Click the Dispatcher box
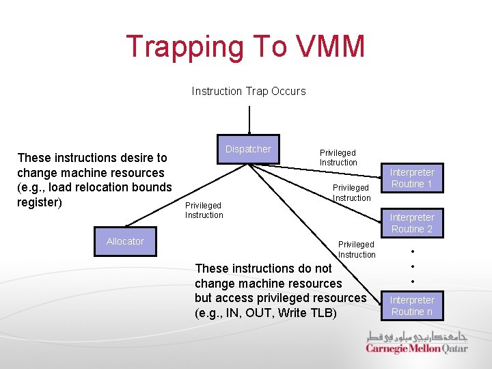pyautogui.click(x=248, y=149)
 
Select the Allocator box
pyautogui.click(x=125, y=241)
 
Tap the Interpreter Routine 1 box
pyautogui.click(x=412, y=178)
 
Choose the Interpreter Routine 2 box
pyautogui.click(x=412, y=223)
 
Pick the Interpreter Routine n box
pyautogui.click(x=412, y=305)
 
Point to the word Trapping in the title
pyautogui.click(x=184, y=46)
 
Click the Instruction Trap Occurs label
pyautogui.click(x=249, y=91)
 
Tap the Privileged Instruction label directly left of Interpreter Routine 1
pyautogui.click(x=351, y=193)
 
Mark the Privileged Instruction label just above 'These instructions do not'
pyautogui.click(x=356, y=249)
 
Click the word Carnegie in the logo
pyautogui.click(x=386, y=348)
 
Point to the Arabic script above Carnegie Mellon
pyautogui.click(x=417, y=336)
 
